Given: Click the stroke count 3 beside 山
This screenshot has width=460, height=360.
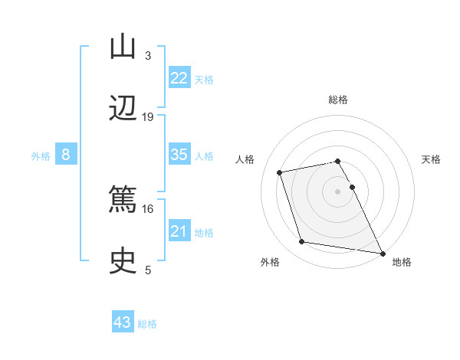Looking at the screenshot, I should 148,56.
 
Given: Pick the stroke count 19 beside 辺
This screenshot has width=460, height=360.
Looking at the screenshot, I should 148,116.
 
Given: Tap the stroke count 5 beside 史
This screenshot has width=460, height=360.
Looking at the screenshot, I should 148,270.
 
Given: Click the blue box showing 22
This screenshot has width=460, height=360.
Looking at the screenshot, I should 179,78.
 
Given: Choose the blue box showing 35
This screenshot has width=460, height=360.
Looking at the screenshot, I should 179,155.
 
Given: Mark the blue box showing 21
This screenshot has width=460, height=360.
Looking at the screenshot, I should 179,231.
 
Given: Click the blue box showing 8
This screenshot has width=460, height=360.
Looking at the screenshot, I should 66,155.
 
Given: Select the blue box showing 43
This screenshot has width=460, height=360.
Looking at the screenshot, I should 123,322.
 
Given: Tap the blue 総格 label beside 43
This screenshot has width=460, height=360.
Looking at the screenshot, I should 147,324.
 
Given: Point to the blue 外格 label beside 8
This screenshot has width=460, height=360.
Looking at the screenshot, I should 41,156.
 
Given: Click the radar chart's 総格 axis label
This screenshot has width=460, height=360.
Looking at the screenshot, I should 338,100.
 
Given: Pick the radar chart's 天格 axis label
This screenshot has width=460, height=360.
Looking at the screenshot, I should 432,159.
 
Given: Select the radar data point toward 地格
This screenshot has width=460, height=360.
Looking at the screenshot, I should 382,252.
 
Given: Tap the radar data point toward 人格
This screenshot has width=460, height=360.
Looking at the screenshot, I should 280,172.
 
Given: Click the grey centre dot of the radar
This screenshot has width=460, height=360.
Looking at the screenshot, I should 338,191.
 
